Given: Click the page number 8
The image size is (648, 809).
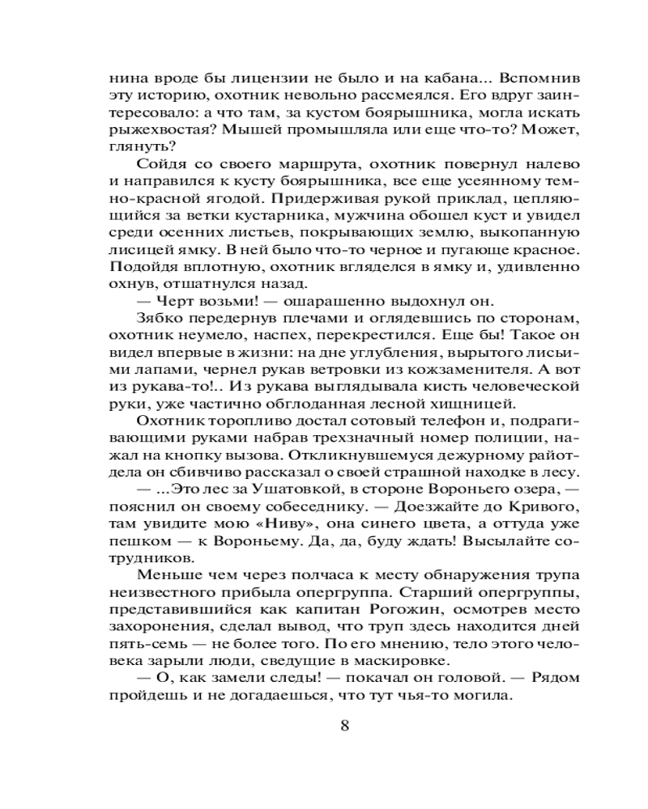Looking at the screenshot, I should pos(345,724).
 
